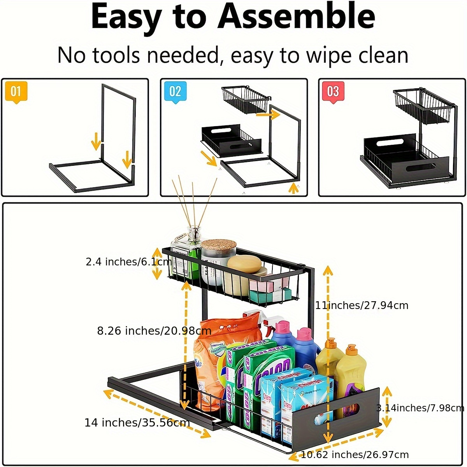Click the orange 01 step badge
pyautogui.click(x=16, y=92)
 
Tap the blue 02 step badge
pyautogui.click(x=175, y=92)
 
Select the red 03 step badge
pyautogui.click(x=333, y=92)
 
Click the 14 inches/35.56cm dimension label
pyautogui.click(x=137, y=423)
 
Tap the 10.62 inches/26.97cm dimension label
pyautogui.click(x=355, y=455)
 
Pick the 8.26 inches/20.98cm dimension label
pyautogui.click(x=154, y=331)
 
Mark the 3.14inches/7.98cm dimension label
pyautogui.click(x=420, y=408)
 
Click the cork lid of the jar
pyautogui.click(x=219, y=245)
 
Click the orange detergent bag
pyautogui.click(x=210, y=350)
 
